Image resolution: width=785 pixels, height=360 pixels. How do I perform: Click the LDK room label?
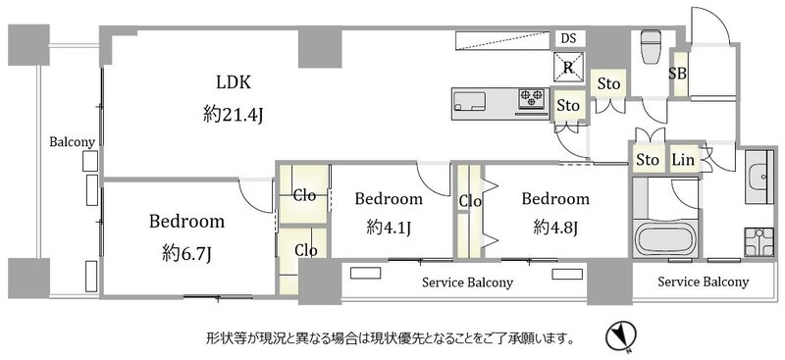point(234,82)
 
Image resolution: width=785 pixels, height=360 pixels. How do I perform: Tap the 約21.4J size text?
point(234,116)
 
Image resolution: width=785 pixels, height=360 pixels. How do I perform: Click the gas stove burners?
point(531,99)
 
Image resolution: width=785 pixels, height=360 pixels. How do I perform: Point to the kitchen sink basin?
point(470,102)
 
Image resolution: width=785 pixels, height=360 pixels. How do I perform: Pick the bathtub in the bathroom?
point(665,238)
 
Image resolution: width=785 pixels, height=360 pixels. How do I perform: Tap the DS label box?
point(569,38)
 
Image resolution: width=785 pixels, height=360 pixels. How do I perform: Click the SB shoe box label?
point(678,74)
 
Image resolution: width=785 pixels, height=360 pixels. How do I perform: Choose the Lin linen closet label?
point(683,160)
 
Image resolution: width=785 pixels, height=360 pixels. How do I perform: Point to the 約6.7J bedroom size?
point(186,255)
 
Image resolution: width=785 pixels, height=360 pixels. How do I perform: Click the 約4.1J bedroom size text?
point(389,229)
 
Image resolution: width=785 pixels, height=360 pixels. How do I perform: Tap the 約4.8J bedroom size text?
point(555,229)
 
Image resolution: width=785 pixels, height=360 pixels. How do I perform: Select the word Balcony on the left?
point(72,142)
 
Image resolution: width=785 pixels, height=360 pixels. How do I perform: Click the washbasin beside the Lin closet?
point(759,177)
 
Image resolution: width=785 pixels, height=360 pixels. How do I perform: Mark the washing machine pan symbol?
point(759,242)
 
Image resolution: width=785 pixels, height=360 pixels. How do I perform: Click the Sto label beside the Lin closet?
point(648,160)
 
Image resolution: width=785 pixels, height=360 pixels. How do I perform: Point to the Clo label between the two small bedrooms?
point(470,202)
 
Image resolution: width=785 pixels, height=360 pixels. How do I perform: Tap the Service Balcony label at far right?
point(703,282)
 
